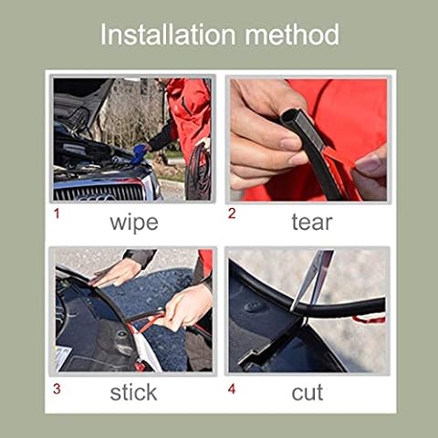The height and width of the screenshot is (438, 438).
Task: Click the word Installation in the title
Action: [x=168, y=35]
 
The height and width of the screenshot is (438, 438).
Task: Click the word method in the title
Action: [x=292, y=35]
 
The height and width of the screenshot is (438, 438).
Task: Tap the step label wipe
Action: [x=134, y=223]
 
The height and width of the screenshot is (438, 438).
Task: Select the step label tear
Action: [x=312, y=222]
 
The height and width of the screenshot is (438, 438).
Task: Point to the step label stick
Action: [x=133, y=392]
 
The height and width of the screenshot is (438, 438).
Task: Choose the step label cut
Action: [x=308, y=392]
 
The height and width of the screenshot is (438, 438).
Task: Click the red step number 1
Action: [x=57, y=214]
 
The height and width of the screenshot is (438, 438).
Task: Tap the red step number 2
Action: [x=232, y=214]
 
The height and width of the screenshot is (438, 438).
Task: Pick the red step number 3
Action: [x=57, y=389]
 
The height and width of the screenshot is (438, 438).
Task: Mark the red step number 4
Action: [x=232, y=389]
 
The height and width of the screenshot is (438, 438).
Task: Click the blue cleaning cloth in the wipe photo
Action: [x=140, y=153]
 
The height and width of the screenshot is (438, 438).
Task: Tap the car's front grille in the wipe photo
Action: [x=99, y=193]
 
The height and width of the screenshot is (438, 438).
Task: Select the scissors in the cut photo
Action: [x=313, y=281]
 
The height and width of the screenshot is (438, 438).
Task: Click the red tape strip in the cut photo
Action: [x=369, y=319]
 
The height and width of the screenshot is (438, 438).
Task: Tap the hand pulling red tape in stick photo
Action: [x=186, y=308]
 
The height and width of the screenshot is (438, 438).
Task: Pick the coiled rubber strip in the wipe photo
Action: [x=198, y=171]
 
